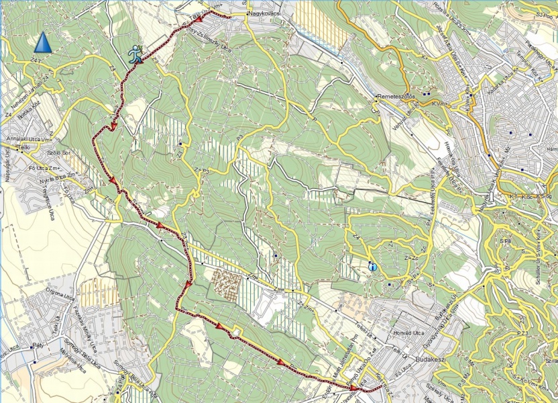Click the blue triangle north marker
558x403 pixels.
(42, 42)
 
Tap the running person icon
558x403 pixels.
(136, 53)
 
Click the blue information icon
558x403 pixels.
(372, 267)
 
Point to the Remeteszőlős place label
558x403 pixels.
(398, 96)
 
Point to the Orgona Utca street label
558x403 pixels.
(59, 296)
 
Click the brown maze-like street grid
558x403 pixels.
(223, 285)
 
